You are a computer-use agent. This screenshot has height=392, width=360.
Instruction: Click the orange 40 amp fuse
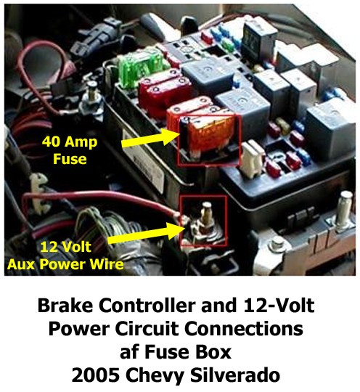(x=209, y=137)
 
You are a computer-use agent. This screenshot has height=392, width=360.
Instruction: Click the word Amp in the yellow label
(x=81, y=142)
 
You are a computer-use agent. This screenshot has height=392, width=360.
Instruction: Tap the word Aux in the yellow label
(x=22, y=264)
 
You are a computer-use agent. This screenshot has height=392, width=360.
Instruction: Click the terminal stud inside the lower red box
(x=207, y=215)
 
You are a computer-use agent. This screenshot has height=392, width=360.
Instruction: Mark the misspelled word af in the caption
(x=129, y=352)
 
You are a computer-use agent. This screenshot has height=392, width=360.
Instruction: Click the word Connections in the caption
(x=244, y=329)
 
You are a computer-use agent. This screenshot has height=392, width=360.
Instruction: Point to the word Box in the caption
(x=216, y=352)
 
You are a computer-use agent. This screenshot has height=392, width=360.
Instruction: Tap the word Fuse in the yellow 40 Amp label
(x=70, y=159)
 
